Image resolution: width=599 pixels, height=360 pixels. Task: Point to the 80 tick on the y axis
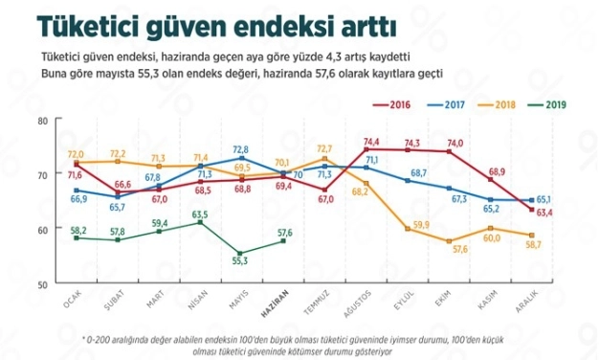tap(42, 121)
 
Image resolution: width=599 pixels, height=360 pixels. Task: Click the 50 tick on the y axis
tap(42, 284)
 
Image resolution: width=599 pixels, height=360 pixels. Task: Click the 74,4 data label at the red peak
tap(372, 142)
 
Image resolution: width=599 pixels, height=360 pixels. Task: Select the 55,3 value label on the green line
tap(239, 260)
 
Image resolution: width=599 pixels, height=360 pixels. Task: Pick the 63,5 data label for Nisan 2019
tap(200, 214)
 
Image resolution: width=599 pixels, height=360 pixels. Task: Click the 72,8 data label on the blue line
tap(239, 149)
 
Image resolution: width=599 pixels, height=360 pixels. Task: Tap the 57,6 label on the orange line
tap(458, 249)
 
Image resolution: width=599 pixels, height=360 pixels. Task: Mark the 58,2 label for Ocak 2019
tap(78, 230)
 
